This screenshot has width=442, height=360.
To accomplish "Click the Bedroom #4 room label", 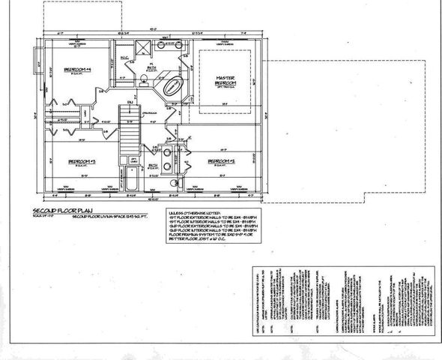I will coord(78,69).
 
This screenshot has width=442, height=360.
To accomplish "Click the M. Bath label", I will coord(150,68).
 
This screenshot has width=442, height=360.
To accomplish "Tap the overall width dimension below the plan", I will coord(154,199).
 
